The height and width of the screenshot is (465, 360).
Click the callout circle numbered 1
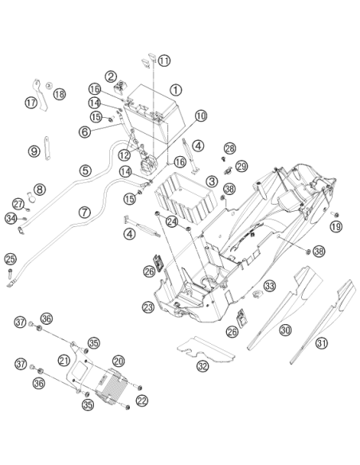pyautogui.click(x=175, y=89)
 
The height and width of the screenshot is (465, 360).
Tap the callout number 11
pyautogui.click(x=164, y=61)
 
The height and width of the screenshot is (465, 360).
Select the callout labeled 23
pyautogui.click(x=148, y=307)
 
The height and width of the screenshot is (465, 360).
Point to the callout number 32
pyautogui.click(x=202, y=366)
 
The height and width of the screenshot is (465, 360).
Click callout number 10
pyautogui.click(x=201, y=115)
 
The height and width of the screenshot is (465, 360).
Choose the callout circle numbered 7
pyautogui.click(x=84, y=213)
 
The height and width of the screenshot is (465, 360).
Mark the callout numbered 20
pyautogui.click(x=119, y=361)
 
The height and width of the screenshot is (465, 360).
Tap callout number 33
pyautogui.click(x=269, y=286)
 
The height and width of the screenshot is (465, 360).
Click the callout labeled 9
pyautogui.click(x=34, y=151)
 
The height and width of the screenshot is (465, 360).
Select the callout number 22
pyautogui.click(x=142, y=401)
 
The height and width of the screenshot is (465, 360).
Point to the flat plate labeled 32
pyautogui.click(x=205, y=350)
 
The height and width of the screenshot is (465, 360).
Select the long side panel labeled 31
pyautogui.click(x=323, y=322)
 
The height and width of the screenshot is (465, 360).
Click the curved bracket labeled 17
pyautogui.click(x=41, y=95)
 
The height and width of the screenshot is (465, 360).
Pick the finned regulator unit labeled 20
pyautogui.click(x=112, y=387)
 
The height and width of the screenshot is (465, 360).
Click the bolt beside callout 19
pyautogui.click(x=335, y=214)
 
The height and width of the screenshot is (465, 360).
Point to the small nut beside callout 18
pyautogui.click(x=49, y=85)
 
